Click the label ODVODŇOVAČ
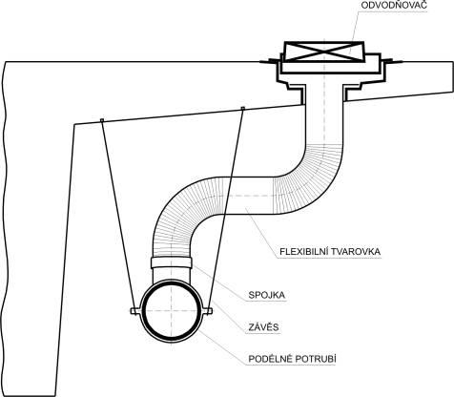[x=394, y=5]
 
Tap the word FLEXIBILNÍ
[x=304, y=252]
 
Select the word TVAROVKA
[x=356, y=252]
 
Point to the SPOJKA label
[x=267, y=295]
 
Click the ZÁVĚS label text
[x=263, y=327]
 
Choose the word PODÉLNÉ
[x=270, y=359]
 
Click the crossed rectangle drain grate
[x=324, y=52]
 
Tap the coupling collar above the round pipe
[x=171, y=262]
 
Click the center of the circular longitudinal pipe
[x=172, y=310]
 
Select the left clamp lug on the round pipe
[x=135, y=311]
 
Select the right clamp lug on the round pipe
[x=208, y=311]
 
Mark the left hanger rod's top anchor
[x=102, y=120]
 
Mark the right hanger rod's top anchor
[x=243, y=109]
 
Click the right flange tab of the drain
[x=392, y=61]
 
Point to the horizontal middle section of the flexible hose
[x=245, y=195]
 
